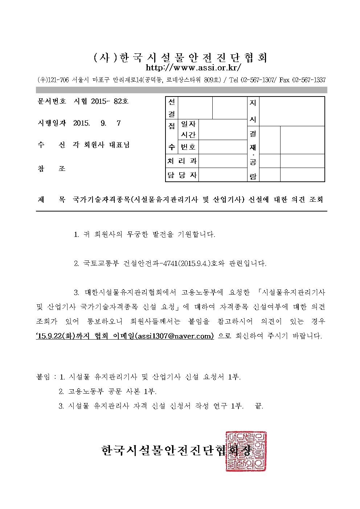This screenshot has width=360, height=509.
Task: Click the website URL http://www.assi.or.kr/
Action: click(x=193, y=68)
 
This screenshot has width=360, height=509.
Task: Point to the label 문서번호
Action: click(x=52, y=102)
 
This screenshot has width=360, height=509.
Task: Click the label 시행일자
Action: click(x=52, y=123)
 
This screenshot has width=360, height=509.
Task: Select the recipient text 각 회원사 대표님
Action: click(x=101, y=145)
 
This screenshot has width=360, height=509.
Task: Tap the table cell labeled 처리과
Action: click(x=182, y=161)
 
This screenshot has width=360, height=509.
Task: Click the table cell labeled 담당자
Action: click(x=182, y=175)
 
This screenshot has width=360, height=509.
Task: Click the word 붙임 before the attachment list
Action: click(x=44, y=377)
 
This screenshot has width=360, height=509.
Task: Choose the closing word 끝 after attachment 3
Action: click(x=259, y=406)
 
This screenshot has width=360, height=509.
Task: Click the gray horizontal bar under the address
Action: click(x=181, y=90)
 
